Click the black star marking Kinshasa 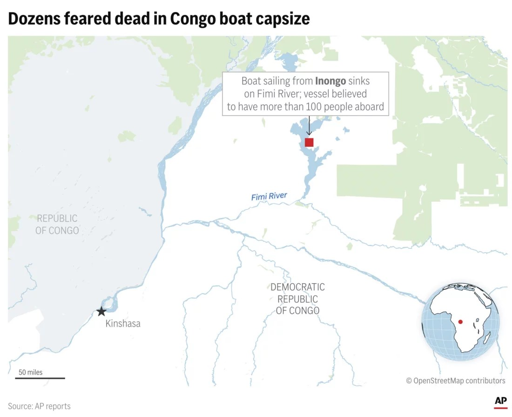point(101,311)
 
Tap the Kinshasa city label point(123,323)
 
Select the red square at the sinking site point(309,143)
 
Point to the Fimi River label point(269,197)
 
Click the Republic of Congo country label point(57,224)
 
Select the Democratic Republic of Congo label point(297,299)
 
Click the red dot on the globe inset point(460,321)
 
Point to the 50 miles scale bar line point(40,378)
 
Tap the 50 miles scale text point(31,372)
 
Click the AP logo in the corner point(500,402)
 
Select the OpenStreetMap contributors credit point(455,381)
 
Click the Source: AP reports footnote point(39,406)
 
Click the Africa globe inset point(460,322)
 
